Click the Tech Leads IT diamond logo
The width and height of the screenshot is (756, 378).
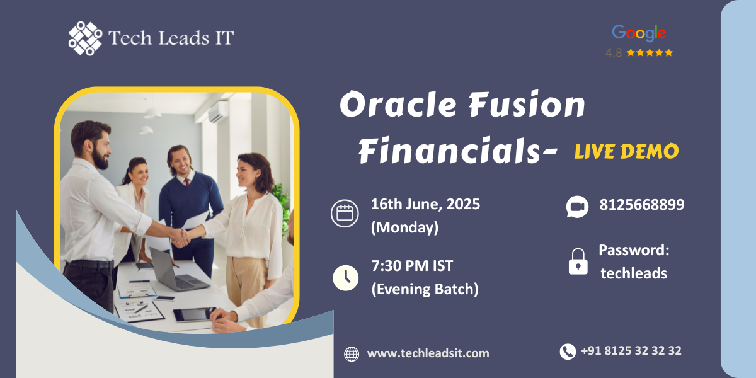pos(85,38)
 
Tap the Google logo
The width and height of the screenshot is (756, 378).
pos(639,33)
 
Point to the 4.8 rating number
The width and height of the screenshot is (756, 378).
pos(614,53)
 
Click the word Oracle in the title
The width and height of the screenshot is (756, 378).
pos(398,104)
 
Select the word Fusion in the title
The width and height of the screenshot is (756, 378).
pos(527,104)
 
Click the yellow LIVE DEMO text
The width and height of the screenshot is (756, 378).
pos(626,151)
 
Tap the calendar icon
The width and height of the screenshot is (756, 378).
pos(345,214)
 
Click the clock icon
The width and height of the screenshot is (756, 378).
pos(346,278)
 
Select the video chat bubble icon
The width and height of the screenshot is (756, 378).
pos(577,207)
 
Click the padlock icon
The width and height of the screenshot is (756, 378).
pos(578,261)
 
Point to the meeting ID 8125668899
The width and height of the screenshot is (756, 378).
pos(641,205)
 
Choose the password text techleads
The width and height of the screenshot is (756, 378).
pos(634,273)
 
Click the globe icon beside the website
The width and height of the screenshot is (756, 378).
pos(352,354)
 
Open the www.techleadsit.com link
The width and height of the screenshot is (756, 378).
pos(428,353)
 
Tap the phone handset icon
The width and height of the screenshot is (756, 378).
pos(568,352)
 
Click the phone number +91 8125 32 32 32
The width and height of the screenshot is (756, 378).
pos(631,351)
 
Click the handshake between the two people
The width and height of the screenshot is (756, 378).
pos(181,238)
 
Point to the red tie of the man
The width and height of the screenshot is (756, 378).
pos(187,182)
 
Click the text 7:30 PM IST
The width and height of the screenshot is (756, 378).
pos(412,266)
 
